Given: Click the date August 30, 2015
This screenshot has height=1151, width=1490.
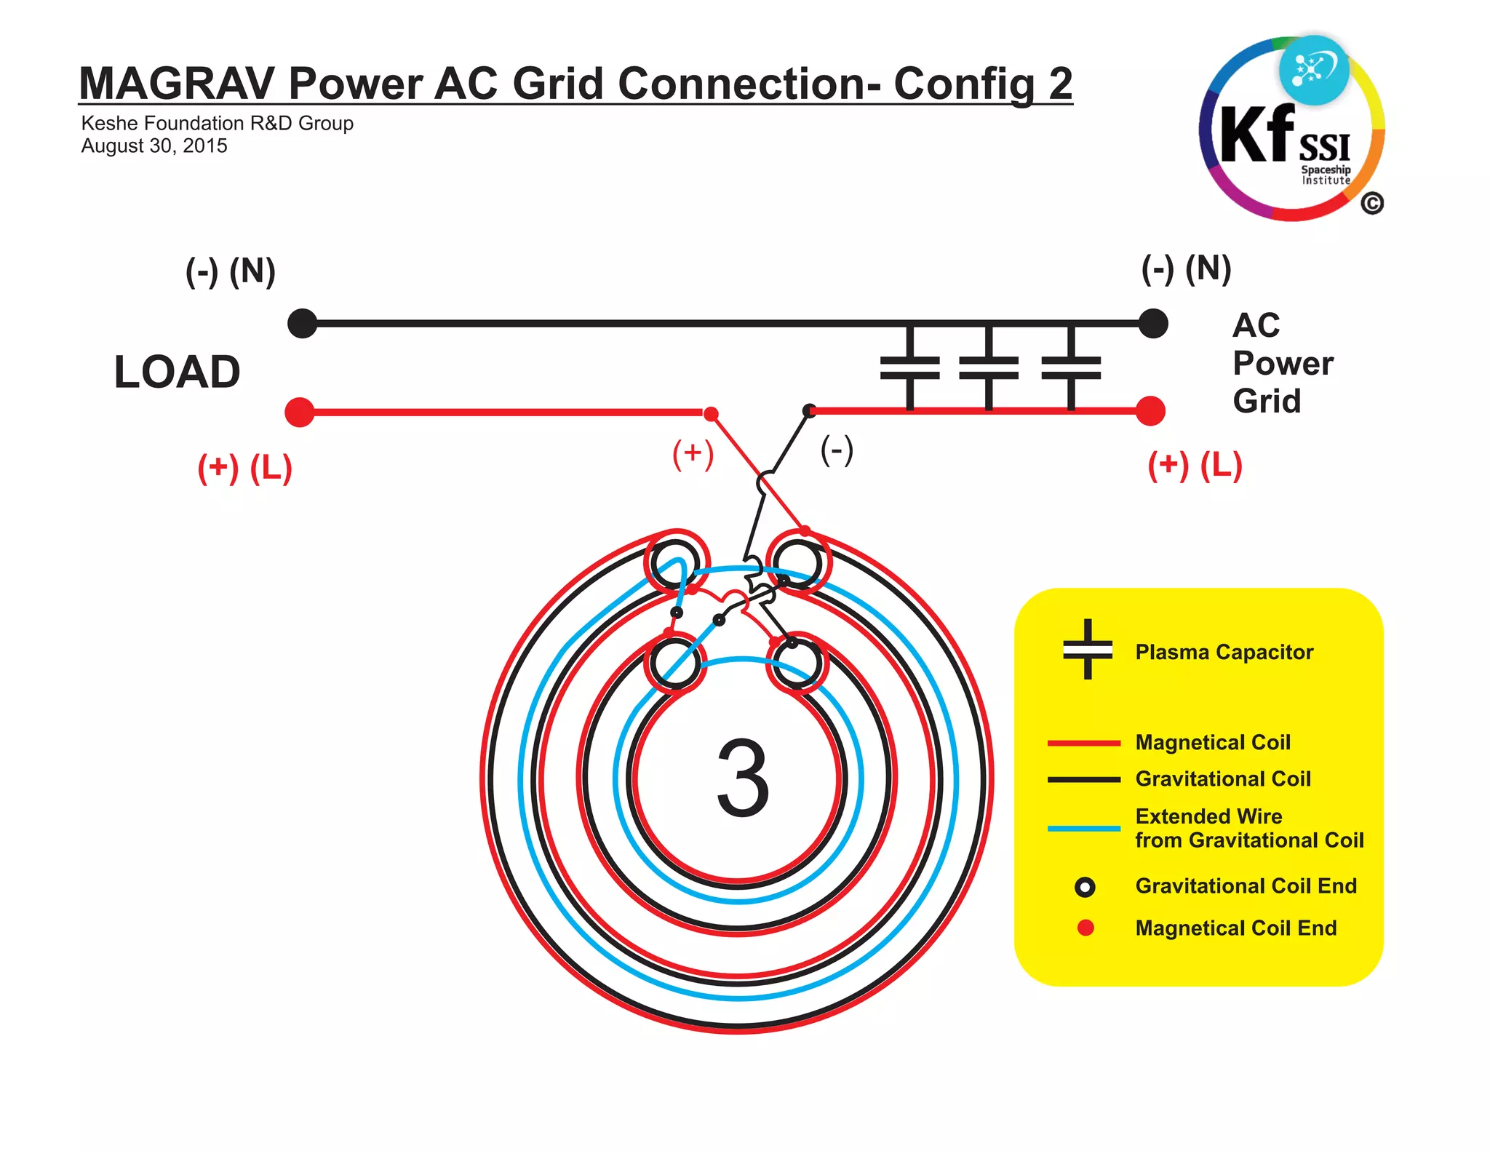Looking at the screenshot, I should point(154,146).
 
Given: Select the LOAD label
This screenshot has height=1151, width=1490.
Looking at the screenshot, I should point(177,372).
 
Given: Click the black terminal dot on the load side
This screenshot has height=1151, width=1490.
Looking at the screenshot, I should point(303,323).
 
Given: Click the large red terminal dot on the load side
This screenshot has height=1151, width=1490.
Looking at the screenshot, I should point(300,412).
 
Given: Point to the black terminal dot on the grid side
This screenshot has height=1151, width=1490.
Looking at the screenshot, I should point(1153,323).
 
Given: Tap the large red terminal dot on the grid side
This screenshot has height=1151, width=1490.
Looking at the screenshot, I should point(1150,411).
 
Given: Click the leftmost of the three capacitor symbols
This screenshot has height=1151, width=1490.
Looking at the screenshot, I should point(909,367).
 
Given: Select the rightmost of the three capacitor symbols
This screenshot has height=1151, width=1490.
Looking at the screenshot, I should point(1071,367).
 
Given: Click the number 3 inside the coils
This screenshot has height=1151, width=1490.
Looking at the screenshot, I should point(742,778).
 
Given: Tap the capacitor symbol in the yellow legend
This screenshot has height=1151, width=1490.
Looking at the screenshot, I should point(1088,649).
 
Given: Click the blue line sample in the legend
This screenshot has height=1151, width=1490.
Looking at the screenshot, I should point(1083,828).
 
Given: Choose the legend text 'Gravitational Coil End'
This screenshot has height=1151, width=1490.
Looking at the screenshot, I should point(1246,886).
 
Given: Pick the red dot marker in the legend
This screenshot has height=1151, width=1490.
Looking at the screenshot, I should point(1085,928).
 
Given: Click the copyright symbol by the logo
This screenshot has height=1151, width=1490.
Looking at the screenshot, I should point(1371,204).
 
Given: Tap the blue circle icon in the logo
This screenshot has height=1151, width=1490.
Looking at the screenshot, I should point(1314,70).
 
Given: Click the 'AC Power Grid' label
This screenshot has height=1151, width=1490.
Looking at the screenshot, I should point(1282,362).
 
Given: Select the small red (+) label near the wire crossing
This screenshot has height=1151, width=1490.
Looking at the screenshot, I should point(693,453).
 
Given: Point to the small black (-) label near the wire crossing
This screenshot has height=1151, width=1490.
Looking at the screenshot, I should point(837,450).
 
